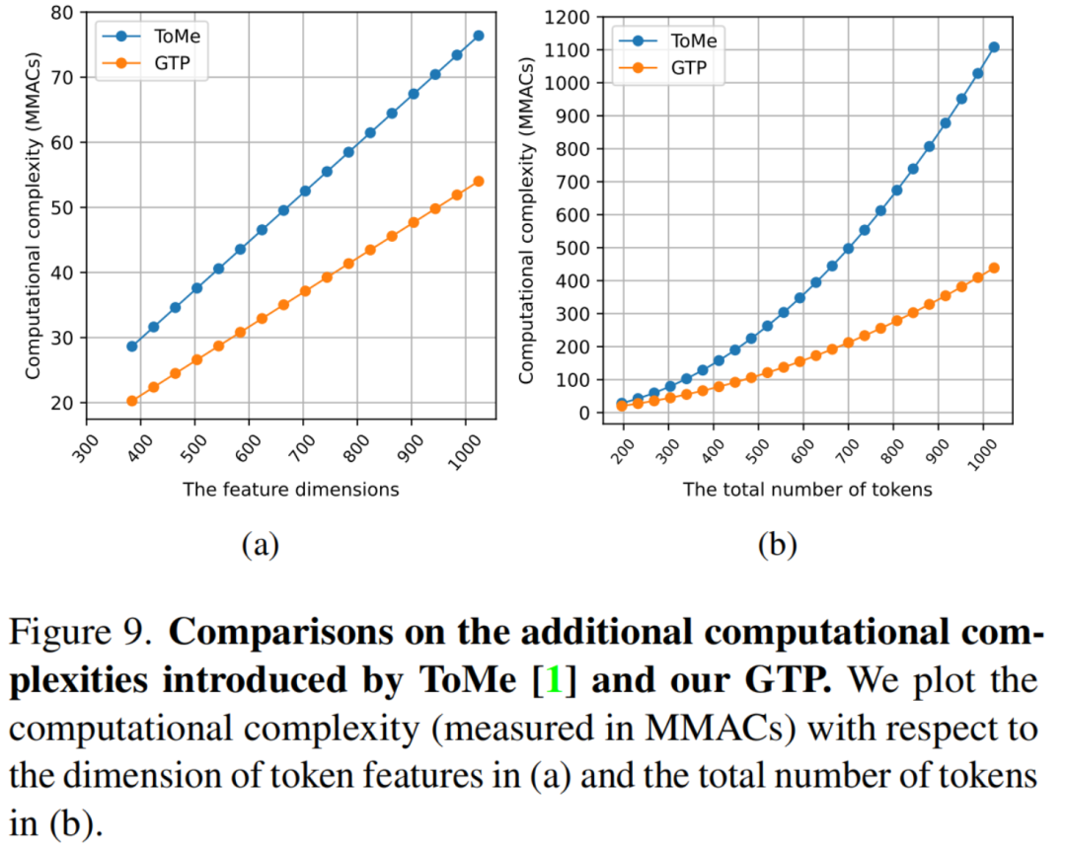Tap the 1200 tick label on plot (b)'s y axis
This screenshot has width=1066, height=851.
tap(572, 17)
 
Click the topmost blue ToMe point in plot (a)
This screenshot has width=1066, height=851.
tap(478, 36)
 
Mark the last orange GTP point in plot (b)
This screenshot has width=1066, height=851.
tap(993, 268)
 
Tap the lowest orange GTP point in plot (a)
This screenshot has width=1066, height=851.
tap(131, 401)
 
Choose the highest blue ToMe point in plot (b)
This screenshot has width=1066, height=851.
tap(993, 47)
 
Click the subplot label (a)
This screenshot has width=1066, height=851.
tap(262, 544)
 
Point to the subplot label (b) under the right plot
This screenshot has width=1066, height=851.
tap(778, 544)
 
